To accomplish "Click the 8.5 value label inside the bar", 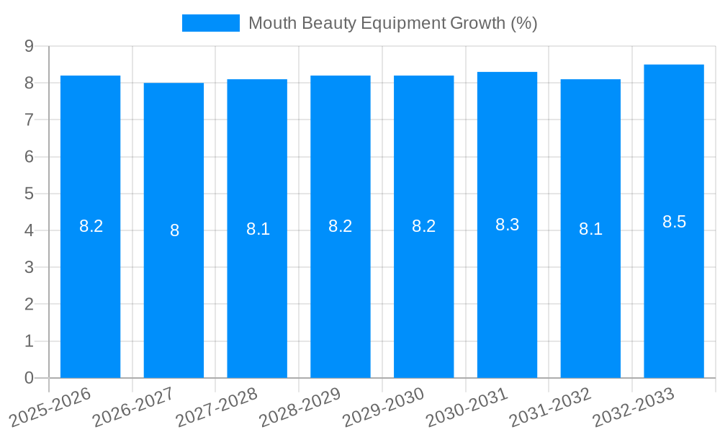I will pyautogui.click(x=674, y=222).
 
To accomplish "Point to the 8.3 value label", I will pyautogui.click(x=507, y=225).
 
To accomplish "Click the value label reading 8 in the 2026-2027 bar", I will pyautogui.click(x=174, y=230).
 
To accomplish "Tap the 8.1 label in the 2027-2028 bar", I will pyautogui.click(x=258, y=229).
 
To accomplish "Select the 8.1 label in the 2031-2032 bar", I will pyautogui.click(x=590, y=229).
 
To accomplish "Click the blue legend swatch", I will pyautogui.click(x=210, y=23).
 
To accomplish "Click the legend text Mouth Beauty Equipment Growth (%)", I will pyautogui.click(x=392, y=23).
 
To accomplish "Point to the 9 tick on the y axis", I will pyautogui.click(x=29, y=46).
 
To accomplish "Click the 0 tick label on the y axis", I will pyautogui.click(x=29, y=378).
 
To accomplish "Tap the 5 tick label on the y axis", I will pyautogui.click(x=29, y=194).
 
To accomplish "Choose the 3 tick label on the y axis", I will pyautogui.click(x=29, y=267).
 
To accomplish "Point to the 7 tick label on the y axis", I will pyautogui.click(x=29, y=120).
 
